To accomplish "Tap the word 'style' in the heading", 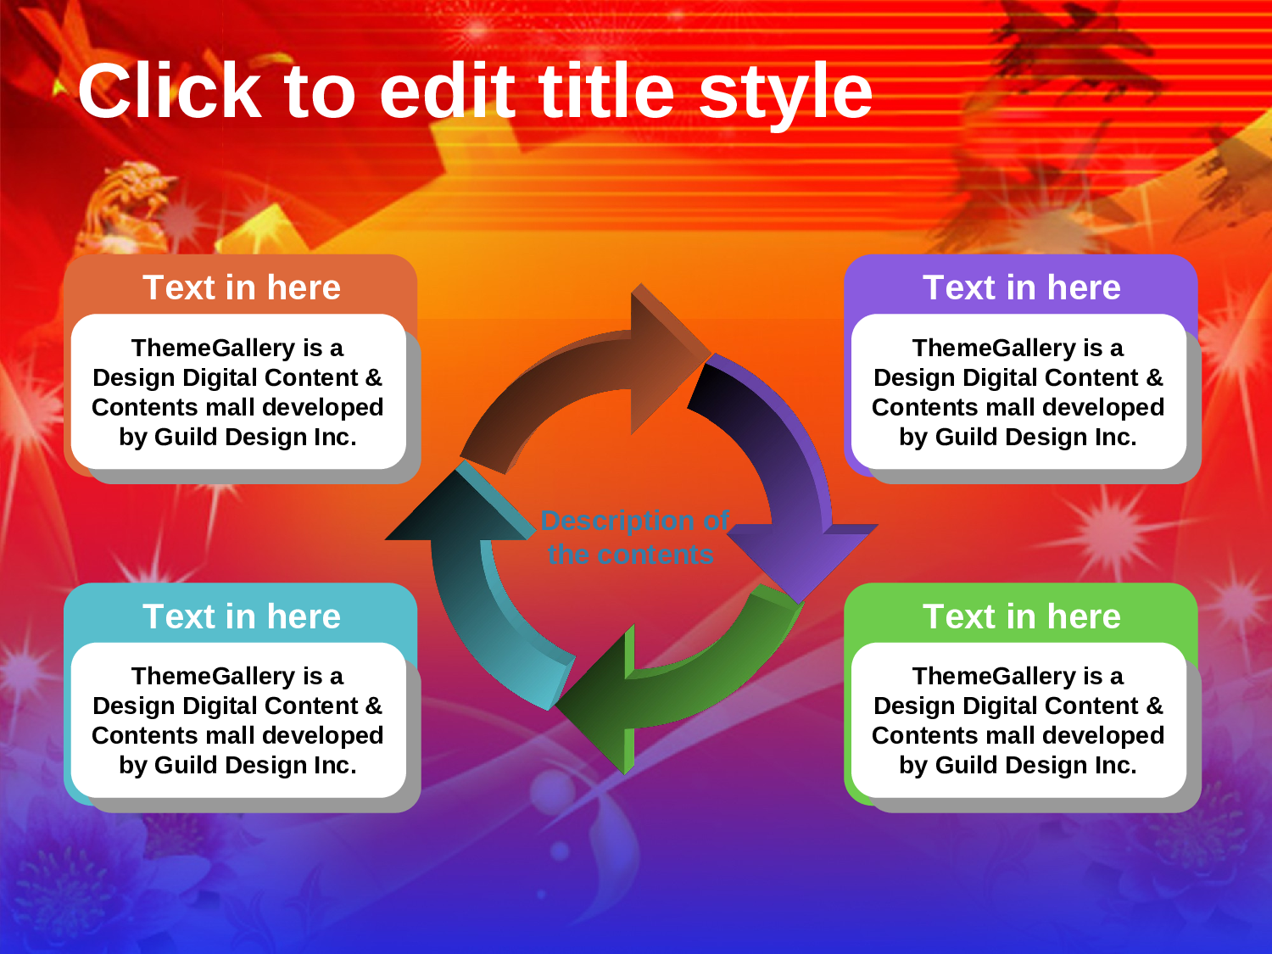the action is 785,97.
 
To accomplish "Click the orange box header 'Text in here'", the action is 242,287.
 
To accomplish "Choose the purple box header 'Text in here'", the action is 1022,287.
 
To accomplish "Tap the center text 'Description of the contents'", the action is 633,538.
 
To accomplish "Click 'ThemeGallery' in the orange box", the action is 213,349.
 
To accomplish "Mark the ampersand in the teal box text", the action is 374,706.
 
